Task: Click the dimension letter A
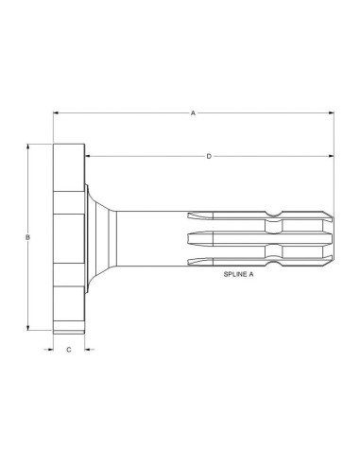[x=193, y=112]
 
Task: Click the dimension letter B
[x=27, y=237]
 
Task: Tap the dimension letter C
[x=69, y=350]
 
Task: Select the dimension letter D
[x=209, y=156]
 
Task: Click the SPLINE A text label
[x=238, y=274]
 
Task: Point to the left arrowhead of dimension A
[x=56, y=112]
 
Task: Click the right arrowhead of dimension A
[x=331, y=112]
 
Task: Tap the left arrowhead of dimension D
[x=88, y=156]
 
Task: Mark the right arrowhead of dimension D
[x=331, y=156]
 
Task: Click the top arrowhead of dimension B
[x=28, y=147]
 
